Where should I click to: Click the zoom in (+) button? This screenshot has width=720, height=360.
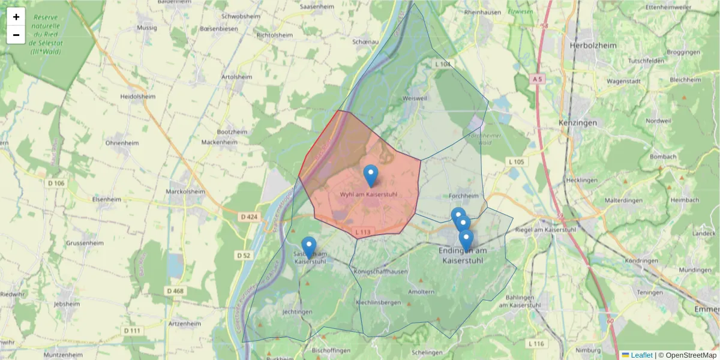[x=16, y=17]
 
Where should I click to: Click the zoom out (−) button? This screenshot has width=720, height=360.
[x=16, y=35]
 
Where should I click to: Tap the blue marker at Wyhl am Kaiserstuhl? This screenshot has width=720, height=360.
[x=371, y=175]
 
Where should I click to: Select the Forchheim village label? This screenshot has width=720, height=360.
[x=464, y=196]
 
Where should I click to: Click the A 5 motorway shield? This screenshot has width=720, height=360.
[x=537, y=79]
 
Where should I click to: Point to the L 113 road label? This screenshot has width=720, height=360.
[x=363, y=232]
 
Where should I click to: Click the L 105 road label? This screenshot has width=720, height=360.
[x=516, y=162]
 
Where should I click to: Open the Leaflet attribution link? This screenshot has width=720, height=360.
[x=641, y=355]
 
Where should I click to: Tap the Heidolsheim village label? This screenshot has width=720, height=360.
[x=137, y=96]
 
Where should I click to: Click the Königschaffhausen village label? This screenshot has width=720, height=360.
[x=381, y=272]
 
